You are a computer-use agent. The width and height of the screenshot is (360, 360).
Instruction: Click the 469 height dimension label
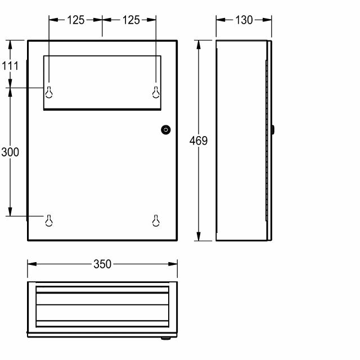click(199, 141)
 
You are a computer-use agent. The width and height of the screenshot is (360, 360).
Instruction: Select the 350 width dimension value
click(102, 264)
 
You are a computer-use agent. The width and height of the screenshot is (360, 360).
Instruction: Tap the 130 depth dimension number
click(244, 20)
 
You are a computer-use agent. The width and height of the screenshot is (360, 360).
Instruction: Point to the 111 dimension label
click(10, 66)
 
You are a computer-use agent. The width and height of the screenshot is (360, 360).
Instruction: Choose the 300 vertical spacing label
click(10, 152)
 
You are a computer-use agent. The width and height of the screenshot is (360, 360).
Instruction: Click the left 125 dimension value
click(76, 20)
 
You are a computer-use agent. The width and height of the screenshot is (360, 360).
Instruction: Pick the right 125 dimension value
click(131, 20)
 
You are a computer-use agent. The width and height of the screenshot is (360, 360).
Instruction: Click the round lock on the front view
click(166, 130)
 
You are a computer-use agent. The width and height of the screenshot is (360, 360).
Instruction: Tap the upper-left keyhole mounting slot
click(49, 92)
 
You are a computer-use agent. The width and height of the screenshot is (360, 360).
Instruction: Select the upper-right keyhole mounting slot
click(156, 92)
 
